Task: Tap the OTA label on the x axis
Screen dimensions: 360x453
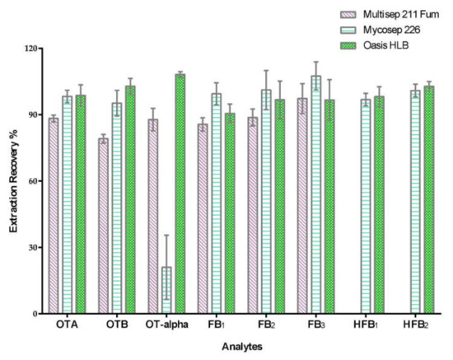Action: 68,325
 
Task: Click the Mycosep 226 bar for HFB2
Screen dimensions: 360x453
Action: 415,202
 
